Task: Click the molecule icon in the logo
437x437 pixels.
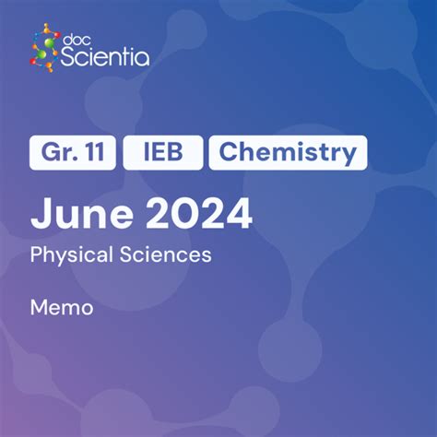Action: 43,50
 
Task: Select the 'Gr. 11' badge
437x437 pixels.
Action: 73,153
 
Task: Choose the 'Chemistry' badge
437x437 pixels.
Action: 288,153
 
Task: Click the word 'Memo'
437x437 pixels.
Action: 62,307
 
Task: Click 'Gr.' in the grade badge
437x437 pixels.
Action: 57,153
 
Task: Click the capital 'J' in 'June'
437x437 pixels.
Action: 40,214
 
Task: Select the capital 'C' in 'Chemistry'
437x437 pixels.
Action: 228,153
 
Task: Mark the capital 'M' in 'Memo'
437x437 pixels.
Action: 40,307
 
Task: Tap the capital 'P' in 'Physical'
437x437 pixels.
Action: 36,254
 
